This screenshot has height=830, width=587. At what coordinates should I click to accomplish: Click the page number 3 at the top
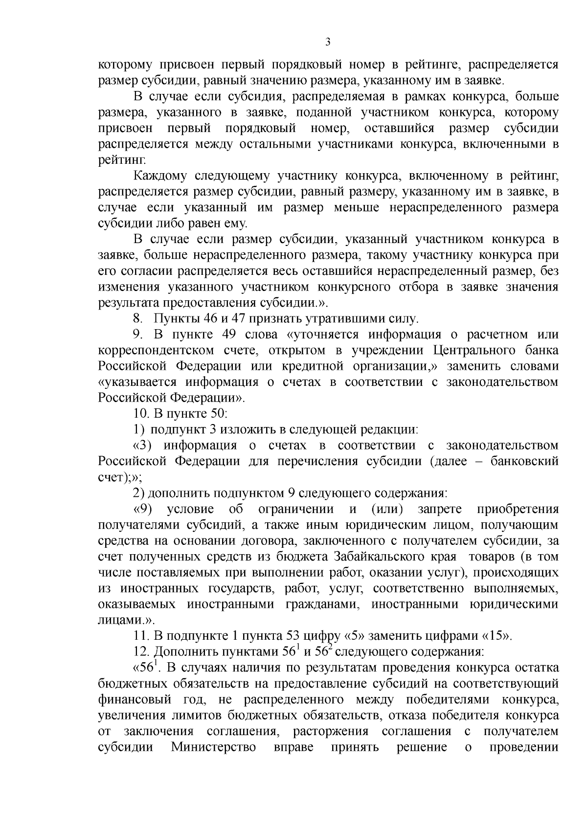[x=328, y=43]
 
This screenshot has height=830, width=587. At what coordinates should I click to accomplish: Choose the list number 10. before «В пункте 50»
[x=141, y=414]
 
